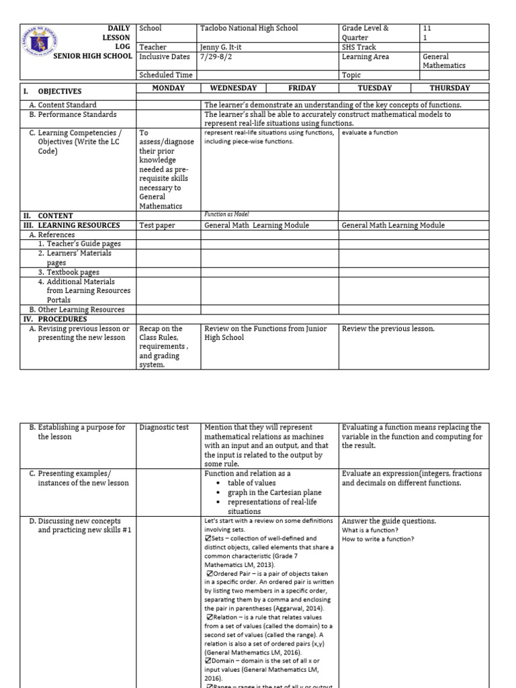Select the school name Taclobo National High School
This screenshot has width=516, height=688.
249,28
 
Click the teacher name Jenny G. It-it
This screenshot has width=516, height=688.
228,47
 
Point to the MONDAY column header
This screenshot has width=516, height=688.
168,88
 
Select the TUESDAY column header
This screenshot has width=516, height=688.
374,88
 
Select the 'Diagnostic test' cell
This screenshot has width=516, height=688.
164,427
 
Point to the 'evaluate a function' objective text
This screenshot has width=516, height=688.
370,132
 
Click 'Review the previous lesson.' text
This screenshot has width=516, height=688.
388,329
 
